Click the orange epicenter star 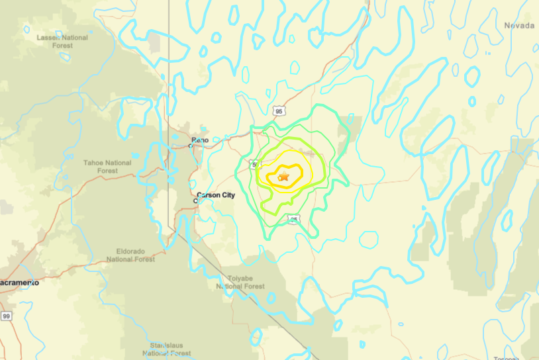pos(283,177)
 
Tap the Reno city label pos(200,140)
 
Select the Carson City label pos(216,195)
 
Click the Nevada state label pos(519,25)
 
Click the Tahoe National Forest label pos(107,166)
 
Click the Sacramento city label pos(19,283)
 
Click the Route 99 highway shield pos(6,316)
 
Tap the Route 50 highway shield pos(255,163)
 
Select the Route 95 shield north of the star pos(279,111)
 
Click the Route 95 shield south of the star pos(294,219)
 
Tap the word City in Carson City pos(226,195)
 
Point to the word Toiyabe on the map pos(240,278)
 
